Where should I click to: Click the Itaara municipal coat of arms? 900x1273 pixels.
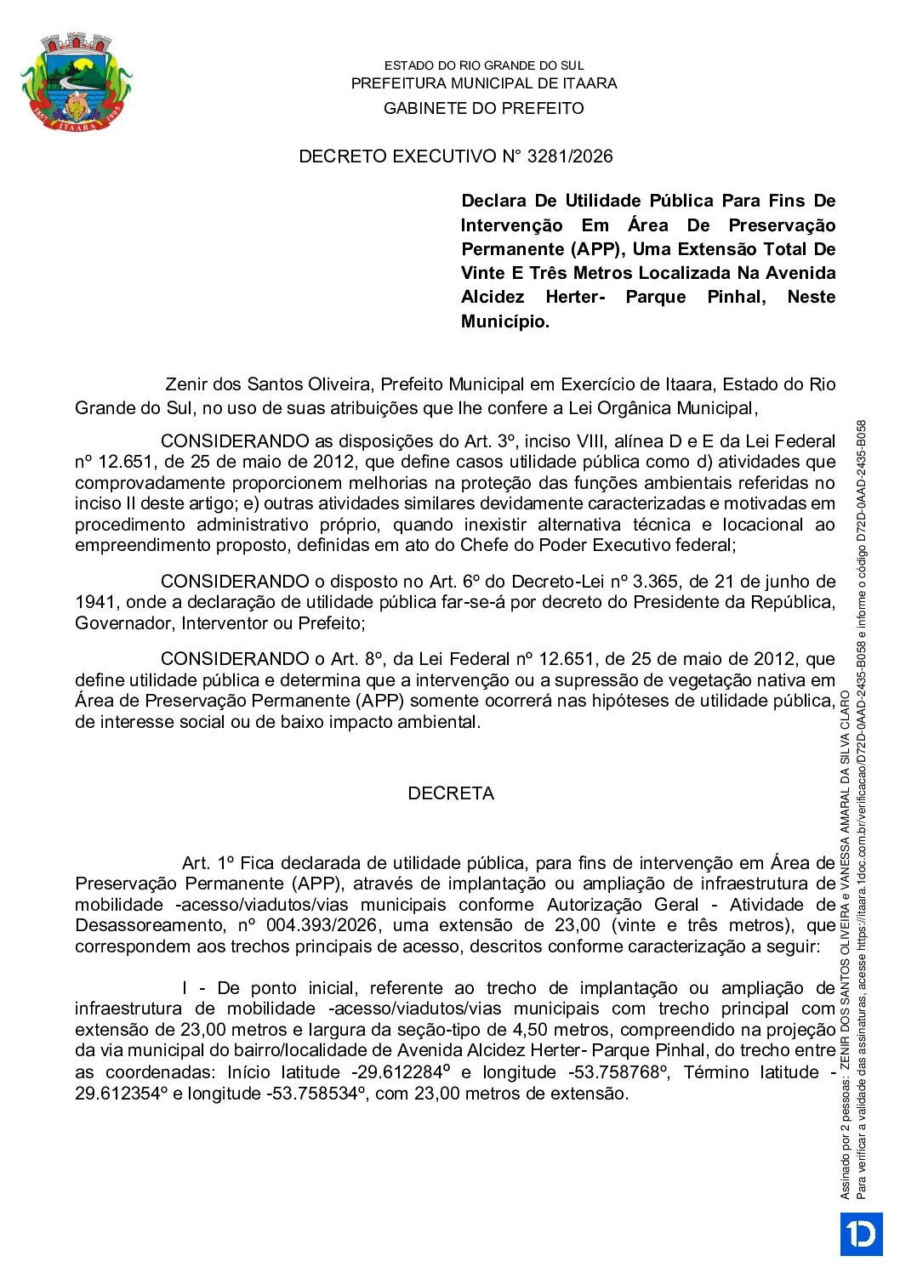tap(77, 82)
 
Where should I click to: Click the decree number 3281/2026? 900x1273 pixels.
tap(570, 156)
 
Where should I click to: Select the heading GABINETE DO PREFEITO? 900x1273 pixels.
tap(483, 108)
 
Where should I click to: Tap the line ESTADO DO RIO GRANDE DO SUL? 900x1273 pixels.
tap(483, 65)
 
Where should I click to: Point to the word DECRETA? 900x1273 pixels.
tap(451, 793)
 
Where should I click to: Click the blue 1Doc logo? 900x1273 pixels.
tap(861, 1234)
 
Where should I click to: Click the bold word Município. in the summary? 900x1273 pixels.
tap(505, 321)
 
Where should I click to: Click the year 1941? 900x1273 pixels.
tap(95, 603)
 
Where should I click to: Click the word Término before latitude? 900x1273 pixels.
tap(716, 1072)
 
